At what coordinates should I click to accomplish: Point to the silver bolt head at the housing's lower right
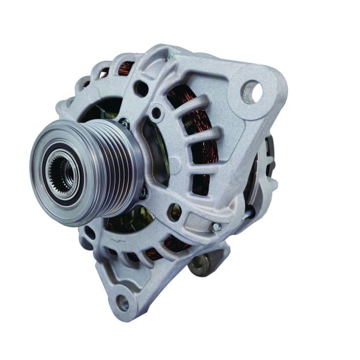tap(216, 227)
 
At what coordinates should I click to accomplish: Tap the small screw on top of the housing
tap(170, 57)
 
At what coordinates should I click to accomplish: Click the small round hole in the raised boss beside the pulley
tap(156, 113)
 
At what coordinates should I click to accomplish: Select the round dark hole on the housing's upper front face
tap(141, 89)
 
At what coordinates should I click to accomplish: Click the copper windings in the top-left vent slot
tap(126, 68)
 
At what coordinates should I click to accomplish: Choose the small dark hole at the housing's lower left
tap(90, 233)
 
